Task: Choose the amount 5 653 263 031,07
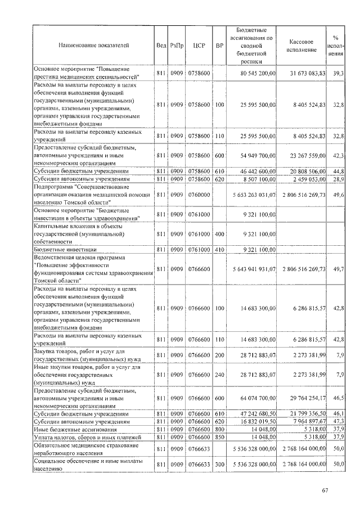251,195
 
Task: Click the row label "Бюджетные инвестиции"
65,249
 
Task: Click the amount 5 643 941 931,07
251,270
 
